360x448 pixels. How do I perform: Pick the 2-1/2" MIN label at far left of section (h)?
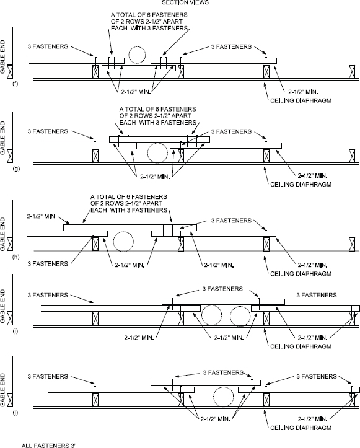[41, 217]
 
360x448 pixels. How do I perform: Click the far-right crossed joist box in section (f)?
[351, 71]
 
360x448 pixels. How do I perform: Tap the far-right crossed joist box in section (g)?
[351, 156]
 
